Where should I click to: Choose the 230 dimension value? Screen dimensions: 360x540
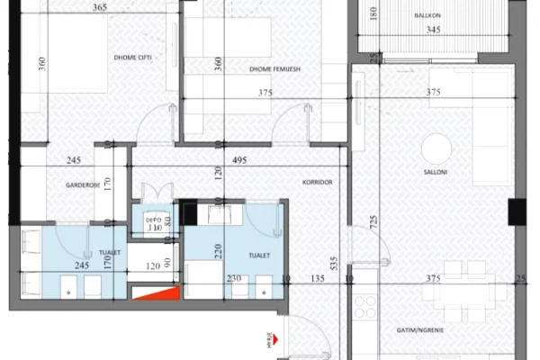click(235, 279)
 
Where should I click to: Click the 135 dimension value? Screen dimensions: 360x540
click(317, 279)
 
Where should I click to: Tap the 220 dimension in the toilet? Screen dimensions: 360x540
click(216, 253)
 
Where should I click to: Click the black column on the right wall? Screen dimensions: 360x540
click(517, 212)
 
